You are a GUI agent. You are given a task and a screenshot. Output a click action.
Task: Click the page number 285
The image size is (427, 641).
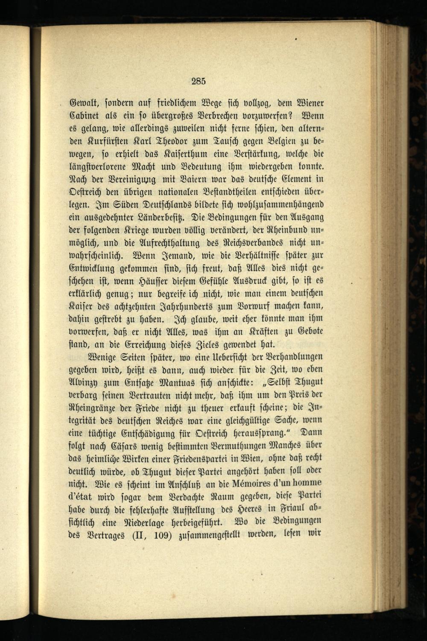coord(199,81)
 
